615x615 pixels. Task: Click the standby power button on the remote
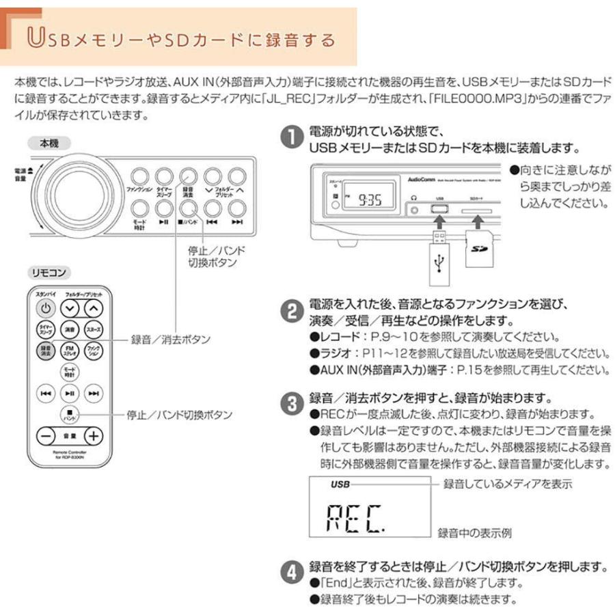click(x=44, y=308)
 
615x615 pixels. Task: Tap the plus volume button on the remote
click(x=92, y=435)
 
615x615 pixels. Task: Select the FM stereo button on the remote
click(x=69, y=351)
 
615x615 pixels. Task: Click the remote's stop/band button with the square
click(x=69, y=414)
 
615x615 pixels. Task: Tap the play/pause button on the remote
click(x=69, y=393)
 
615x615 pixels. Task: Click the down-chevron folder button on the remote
click(x=69, y=308)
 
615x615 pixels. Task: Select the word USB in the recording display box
click(x=340, y=484)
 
